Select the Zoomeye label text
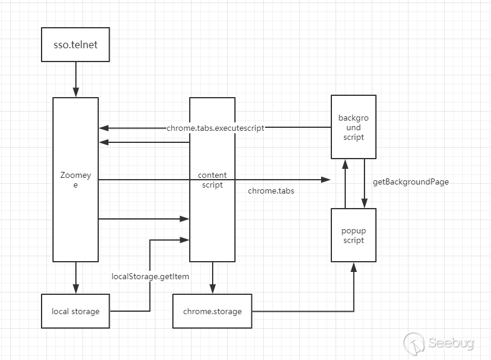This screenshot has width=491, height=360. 75,180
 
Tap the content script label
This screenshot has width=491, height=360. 212,180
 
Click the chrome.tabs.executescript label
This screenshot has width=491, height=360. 216,128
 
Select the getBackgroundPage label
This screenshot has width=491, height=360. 411,182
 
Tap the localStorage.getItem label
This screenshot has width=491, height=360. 150,276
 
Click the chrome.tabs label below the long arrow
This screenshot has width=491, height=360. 271,191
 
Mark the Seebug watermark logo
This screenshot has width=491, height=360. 439,344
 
